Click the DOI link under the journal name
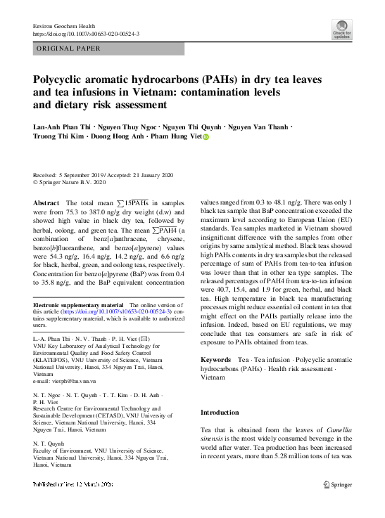[86, 34]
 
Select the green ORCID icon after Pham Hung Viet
[206, 139]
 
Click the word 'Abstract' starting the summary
[46, 202]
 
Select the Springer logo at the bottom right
[338, 484]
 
